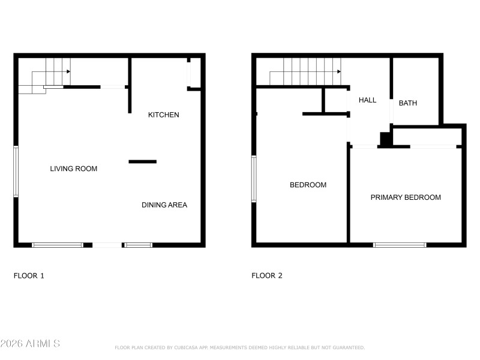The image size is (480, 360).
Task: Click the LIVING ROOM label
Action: coord(73,169)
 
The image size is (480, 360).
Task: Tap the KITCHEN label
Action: coord(163,115)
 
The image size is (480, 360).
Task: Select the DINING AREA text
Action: coord(164,205)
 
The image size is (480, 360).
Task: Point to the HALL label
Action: coord(367,100)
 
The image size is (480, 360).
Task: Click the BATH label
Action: coord(408,103)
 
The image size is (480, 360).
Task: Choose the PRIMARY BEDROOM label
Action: coord(406,197)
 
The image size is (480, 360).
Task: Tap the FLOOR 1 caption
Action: coord(29,276)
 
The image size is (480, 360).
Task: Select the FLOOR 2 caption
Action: coord(266,276)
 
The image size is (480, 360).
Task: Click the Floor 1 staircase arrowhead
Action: coord(68,71)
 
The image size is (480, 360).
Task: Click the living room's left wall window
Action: coord(16,172)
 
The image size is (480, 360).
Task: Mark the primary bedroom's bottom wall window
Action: coord(400,245)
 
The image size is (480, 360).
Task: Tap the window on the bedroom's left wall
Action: coord(254,179)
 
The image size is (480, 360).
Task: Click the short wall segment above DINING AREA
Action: coord(143,161)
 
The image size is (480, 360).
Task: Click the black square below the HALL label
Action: coord(386,139)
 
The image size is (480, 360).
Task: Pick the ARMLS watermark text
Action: coord(30,344)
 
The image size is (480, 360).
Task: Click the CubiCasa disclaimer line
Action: coord(239,347)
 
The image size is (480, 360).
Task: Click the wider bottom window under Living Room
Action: coord(58,245)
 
